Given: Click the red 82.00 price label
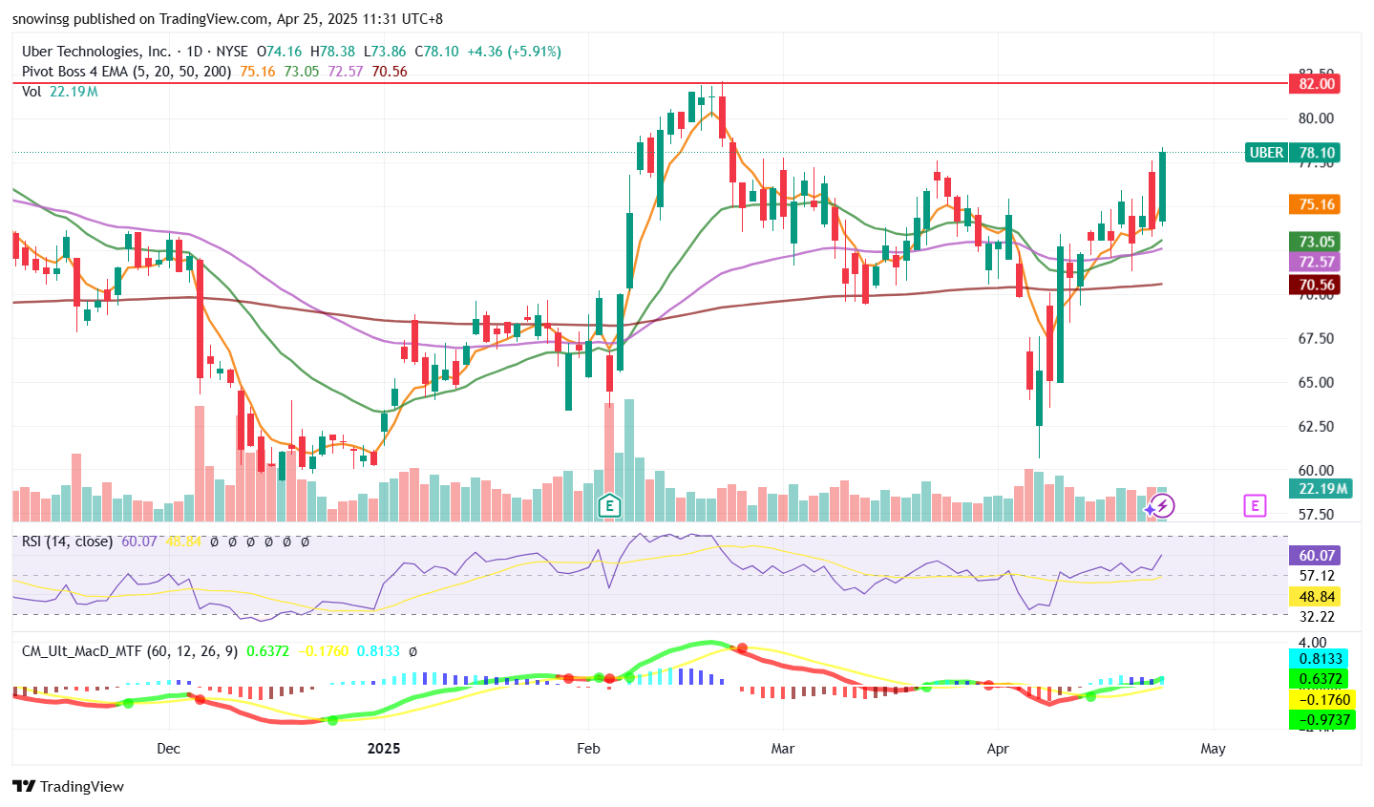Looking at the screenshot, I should (1316, 84).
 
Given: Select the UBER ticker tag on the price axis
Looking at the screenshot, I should (1266, 153).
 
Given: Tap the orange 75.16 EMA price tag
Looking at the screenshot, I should (1316, 204).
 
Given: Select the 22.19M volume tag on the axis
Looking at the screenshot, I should (1321, 489).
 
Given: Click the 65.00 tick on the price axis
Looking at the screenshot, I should (1317, 382).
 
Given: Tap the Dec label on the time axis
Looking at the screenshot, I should (168, 748).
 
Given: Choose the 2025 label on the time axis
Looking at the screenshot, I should (384, 748).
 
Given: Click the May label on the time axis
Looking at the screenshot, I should (1213, 748).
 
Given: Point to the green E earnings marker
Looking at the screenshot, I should (609, 505).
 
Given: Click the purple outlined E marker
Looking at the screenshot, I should (1255, 505).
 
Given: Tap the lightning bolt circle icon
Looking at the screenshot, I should (1162, 505).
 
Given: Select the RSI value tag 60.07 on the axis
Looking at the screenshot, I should (1316, 555).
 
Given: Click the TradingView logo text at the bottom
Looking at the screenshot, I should (70, 786).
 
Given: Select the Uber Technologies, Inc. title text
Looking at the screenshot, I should (96, 52).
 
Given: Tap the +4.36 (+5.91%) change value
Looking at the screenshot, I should (514, 52).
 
